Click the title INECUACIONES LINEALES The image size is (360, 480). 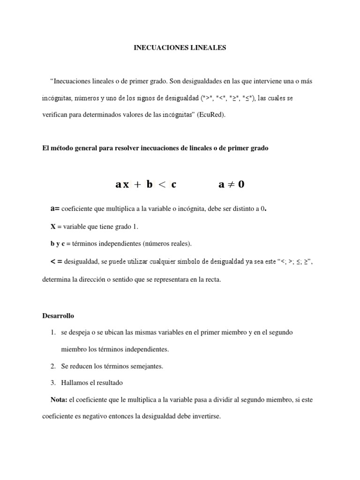(180, 48)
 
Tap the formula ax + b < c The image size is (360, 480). (146, 184)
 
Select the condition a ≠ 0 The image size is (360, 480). (232, 184)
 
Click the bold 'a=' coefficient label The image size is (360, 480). (55, 209)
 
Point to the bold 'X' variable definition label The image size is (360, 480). (53, 226)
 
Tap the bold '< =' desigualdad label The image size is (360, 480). (56, 261)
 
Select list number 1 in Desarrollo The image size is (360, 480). (53, 332)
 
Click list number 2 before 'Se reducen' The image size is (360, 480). (53, 367)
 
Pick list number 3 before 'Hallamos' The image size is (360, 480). (53, 383)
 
